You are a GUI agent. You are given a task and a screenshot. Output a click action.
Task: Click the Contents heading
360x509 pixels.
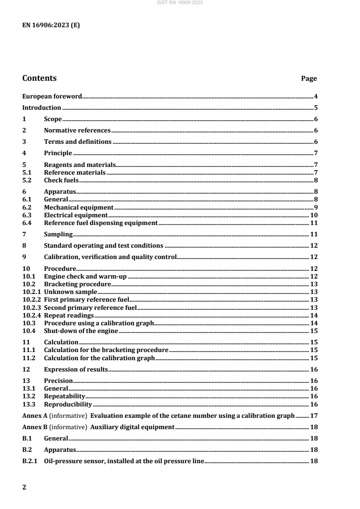coord(39,78)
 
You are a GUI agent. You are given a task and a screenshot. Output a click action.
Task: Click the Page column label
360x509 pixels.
coord(309,79)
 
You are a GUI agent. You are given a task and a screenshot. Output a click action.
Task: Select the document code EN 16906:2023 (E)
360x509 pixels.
coord(51,25)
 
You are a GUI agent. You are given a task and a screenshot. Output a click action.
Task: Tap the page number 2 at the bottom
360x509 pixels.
coord(25,488)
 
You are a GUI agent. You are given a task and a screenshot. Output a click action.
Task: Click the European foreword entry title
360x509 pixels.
coord(52,97)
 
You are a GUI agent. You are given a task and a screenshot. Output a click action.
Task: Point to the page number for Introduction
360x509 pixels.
coord(315,108)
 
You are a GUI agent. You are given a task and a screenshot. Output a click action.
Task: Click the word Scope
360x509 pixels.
coord(53,119)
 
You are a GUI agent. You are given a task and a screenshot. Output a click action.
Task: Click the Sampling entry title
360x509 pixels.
coord(58,235)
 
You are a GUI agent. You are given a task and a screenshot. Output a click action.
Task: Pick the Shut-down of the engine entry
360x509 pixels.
coord(81,331)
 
